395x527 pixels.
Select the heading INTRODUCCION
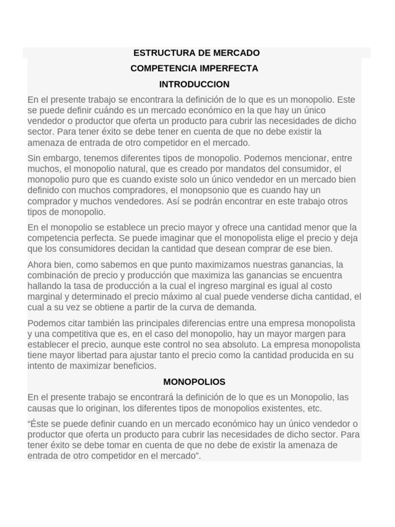[x=194, y=84]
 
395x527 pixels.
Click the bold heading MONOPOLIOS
[x=194, y=382]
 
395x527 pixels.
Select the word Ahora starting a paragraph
[x=40, y=265]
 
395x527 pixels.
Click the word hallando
[x=45, y=286]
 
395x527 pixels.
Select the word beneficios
[x=133, y=366]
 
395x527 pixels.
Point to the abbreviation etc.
[x=314, y=409]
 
